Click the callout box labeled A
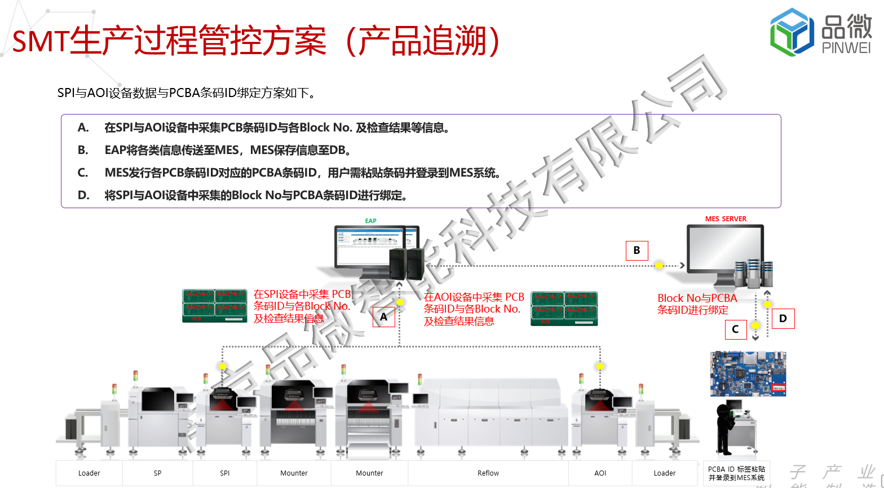384,316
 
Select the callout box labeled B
637,250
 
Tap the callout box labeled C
735,329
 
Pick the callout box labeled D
783,318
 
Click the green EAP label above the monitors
370,221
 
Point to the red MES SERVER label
726,219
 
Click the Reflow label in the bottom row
488,473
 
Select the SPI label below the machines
225,473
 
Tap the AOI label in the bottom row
600,473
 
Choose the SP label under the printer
158,473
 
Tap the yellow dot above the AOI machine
600,367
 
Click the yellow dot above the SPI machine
223,367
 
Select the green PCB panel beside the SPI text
215,306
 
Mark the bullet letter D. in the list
83,195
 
